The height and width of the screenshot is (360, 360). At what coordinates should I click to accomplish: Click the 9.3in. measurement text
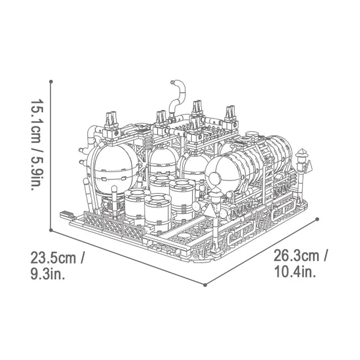pyautogui.click(x=48, y=275)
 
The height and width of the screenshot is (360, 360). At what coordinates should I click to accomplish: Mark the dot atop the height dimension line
pyautogui.click(x=51, y=82)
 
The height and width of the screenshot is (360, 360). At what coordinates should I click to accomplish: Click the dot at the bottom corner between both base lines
pyautogui.click(x=205, y=285)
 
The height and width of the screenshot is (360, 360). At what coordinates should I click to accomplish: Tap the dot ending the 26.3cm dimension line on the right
pyautogui.click(x=317, y=219)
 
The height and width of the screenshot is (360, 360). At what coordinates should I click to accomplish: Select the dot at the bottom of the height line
pyautogui.click(x=51, y=230)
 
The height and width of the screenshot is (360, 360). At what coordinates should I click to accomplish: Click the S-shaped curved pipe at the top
pyautogui.click(x=177, y=95)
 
